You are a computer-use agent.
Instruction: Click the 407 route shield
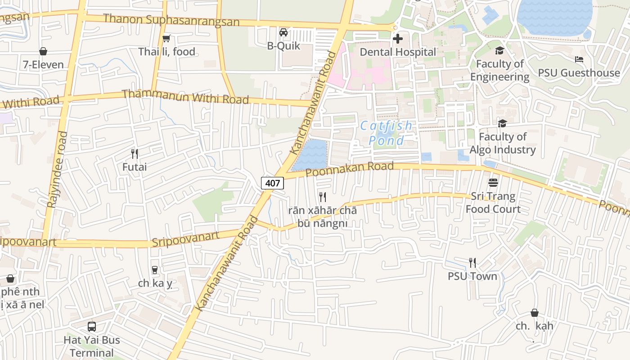click(273, 183)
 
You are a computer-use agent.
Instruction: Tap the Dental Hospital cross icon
click(398, 39)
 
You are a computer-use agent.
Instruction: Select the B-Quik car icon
click(283, 32)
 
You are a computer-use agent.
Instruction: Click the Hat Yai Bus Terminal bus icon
click(92, 327)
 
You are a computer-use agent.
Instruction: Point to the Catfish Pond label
click(386, 133)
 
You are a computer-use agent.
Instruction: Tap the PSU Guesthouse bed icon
click(579, 59)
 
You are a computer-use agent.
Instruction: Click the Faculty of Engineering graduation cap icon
click(499, 50)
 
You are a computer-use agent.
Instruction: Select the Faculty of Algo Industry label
click(503, 143)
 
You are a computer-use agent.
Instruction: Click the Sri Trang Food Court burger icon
click(493, 183)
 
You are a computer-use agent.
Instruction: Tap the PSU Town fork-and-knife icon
click(472, 262)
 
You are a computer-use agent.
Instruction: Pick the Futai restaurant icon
click(134, 154)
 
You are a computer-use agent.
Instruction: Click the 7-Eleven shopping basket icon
click(43, 51)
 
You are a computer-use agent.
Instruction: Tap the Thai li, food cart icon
click(166, 39)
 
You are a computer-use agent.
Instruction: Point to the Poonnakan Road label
click(350, 169)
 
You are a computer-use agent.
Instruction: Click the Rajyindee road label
click(58, 169)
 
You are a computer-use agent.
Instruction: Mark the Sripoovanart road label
click(185, 239)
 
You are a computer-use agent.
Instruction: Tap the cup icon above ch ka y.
click(155, 270)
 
